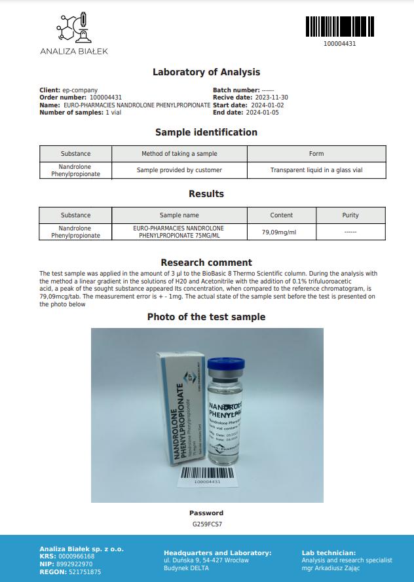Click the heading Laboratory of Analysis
206,72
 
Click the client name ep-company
80,90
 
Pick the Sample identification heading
206,132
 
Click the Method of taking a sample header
179,154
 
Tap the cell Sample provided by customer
179,170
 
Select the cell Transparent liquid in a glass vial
316,170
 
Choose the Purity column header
350,215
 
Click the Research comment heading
206,263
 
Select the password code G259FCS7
206,524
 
